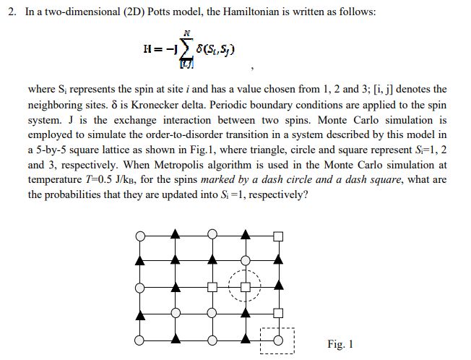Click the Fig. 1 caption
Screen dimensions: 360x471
pos(340,344)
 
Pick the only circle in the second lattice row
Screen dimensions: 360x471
pos(246,260)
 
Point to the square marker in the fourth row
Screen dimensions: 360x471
pos(278,313)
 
